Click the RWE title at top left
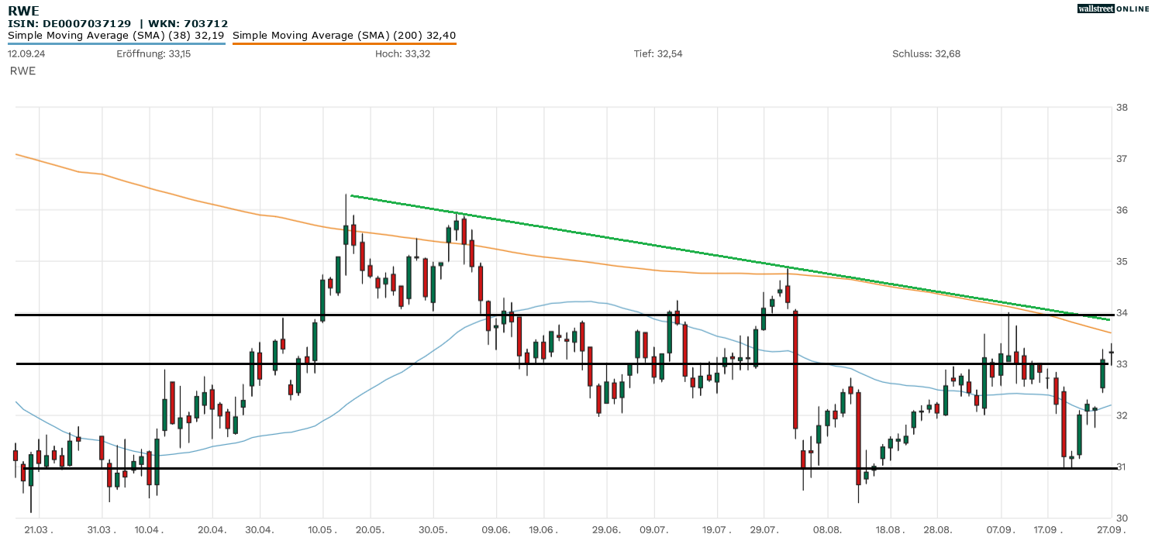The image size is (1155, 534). (23, 11)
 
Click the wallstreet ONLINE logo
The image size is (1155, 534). (1113, 9)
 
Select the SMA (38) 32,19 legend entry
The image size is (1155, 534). (116, 35)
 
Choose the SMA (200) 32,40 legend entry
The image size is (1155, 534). (344, 35)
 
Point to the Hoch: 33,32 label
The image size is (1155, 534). (403, 53)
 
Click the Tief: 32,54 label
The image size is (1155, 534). (658, 53)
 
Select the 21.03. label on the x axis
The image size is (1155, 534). (38, 529)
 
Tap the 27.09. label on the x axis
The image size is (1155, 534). (1111, 529)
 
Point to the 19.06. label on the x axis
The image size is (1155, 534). (543, 529)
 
